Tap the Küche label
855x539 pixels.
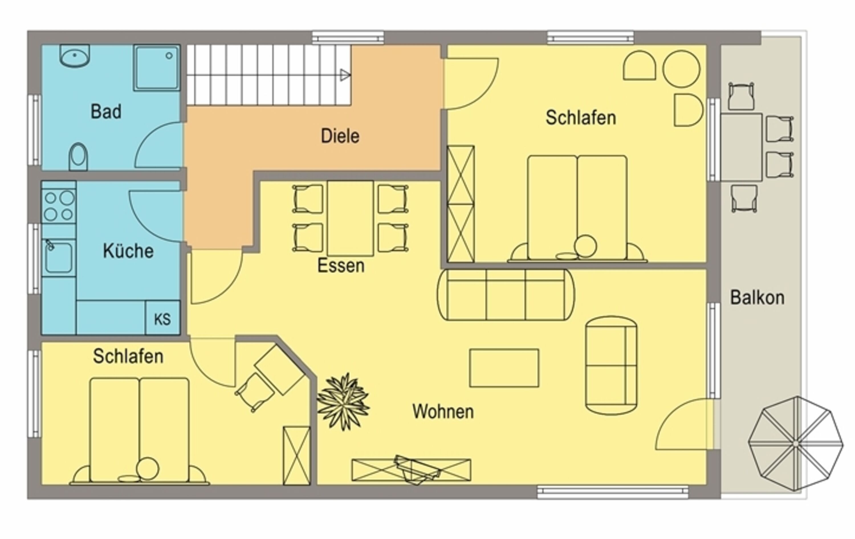pos(128,251)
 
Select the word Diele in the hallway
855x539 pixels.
pos(340,136)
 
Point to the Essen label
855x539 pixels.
pos(341,266)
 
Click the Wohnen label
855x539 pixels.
pos(443,412)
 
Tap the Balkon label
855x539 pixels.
pos(757,298)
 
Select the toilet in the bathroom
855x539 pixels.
pos(78,156)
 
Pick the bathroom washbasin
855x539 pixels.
pos(75,56)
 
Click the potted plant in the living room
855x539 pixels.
pos(343,402)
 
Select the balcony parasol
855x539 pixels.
pos(796,444)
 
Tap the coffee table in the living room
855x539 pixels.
pos(504,368)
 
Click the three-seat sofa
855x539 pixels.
pos(506,295)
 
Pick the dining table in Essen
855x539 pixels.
pos(350,218)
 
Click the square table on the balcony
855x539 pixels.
pos(741,147)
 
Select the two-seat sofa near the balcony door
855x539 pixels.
pos(611,365)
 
